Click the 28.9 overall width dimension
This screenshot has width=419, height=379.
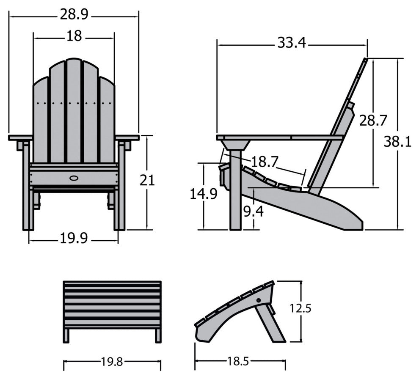click(x=74, y=15)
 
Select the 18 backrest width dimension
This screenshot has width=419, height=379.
click(x=74, y=36)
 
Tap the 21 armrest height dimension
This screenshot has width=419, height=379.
click(x=147, y=181)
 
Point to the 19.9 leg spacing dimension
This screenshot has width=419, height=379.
click(x=73, y=239)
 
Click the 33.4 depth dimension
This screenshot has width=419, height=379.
click(x=292, y=42)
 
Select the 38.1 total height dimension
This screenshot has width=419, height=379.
click(x=397, y=142)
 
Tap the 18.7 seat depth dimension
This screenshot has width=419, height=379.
click(x=265, y=162)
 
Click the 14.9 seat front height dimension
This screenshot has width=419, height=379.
click(x=204, y=194)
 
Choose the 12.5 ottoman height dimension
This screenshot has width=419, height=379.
click(x=301, y=308)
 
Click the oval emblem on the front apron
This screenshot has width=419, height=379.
click(x=74, y=178)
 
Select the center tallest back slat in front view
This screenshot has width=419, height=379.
click(x=74, y=110)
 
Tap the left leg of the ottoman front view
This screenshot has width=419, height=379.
click(x=66, y=335)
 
